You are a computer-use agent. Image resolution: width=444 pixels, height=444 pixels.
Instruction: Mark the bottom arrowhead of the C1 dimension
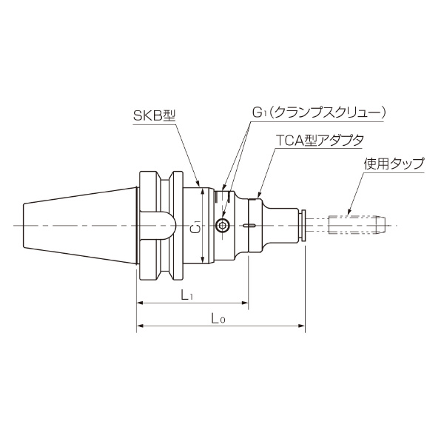(202, 262)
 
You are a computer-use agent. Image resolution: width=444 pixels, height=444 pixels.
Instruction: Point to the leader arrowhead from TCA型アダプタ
(256, 196)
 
